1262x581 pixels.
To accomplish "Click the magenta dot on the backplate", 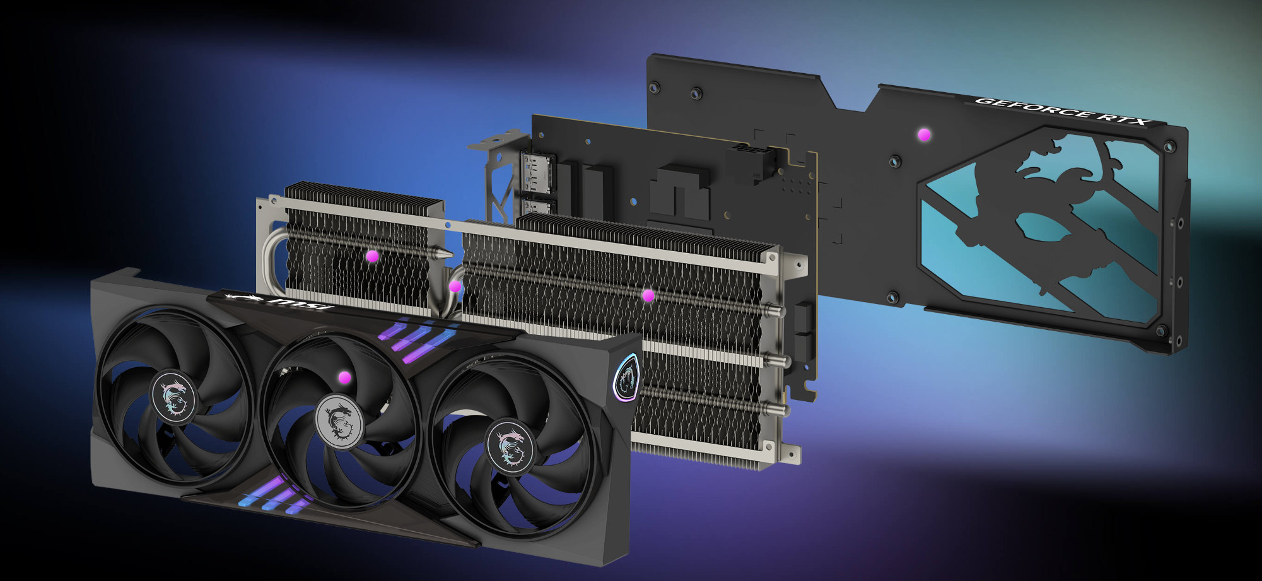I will coord(924,134).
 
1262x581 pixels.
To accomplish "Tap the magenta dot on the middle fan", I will coord(344,377).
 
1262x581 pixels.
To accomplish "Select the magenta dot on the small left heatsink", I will coord(372,256).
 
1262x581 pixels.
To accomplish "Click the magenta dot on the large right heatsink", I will coord(648,295).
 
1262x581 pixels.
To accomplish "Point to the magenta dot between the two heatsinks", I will coord(455,286).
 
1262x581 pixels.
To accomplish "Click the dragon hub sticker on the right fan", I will coord(509,445).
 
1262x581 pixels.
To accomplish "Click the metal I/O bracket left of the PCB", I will coord(498,177).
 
